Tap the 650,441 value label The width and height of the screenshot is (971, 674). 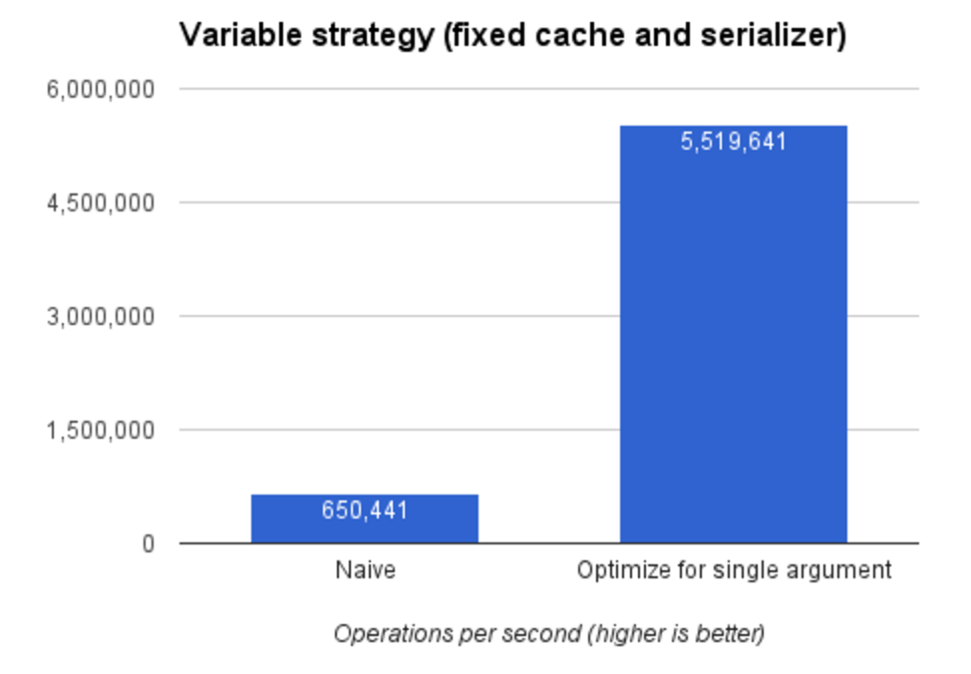pos(364,511)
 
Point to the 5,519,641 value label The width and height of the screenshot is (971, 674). pos(733,142)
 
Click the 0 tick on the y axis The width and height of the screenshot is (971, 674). pos(148,544)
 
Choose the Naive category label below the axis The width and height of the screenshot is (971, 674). pos(365,571)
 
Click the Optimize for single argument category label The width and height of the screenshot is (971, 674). pos(733,571)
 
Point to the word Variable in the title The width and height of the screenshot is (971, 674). pos(227,37)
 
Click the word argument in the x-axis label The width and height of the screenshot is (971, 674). pos(845,572)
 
